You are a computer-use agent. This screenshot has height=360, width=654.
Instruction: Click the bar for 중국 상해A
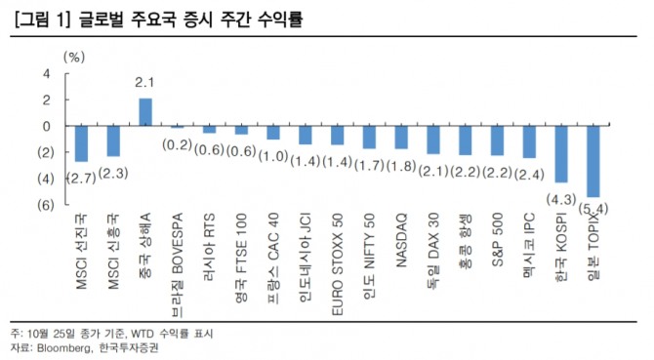point(145,112)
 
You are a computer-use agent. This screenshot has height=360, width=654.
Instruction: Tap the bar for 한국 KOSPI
point(561,154)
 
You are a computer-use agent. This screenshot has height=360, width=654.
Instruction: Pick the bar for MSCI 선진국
point(82,143)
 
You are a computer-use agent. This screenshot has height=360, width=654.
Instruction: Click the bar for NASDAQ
point(400,138)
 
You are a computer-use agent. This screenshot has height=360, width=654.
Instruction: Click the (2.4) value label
point(529,176)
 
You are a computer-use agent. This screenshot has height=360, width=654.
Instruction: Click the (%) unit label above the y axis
point(74,57)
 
